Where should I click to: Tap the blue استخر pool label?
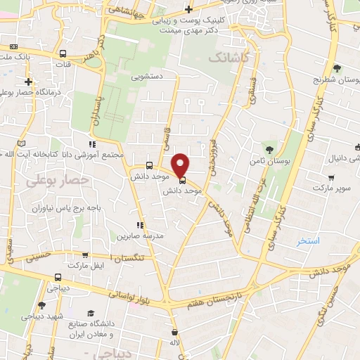pos(308,240)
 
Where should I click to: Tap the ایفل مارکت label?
pos(84,264)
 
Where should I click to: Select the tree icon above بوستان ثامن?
pos(270,148)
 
